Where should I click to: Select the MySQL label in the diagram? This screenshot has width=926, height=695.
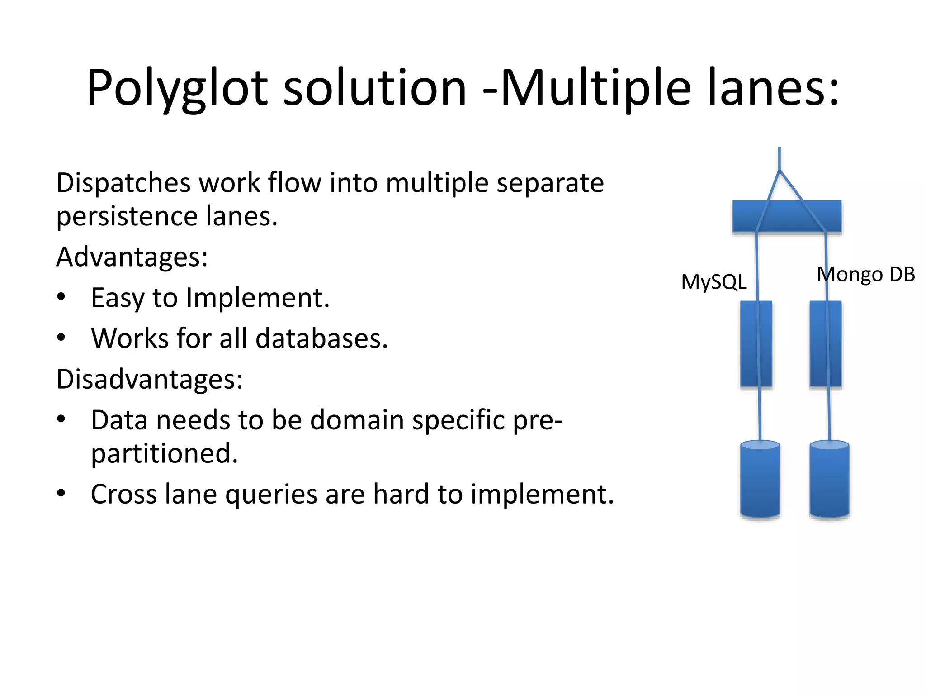point(713,282)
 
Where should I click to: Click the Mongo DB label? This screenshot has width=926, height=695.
point(865,274)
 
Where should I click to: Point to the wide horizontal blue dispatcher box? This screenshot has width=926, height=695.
point(787,216)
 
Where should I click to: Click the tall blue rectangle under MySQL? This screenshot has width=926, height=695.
point(756,344)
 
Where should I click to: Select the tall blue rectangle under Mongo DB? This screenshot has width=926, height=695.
point(826,344)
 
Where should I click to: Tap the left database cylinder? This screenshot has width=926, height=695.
point(760,480)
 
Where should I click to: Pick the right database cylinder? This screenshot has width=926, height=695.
point(829,480)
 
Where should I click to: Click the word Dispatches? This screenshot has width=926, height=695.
point(123,183)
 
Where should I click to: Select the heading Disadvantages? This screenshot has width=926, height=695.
point(149,379)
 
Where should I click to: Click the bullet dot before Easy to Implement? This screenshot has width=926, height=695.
point(61,297)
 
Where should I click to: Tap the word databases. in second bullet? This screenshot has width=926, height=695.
point(321,338)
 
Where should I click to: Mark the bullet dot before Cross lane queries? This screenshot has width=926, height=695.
point(61,493)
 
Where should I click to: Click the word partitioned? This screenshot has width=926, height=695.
point(164,453)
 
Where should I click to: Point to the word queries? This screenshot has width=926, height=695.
point(271,494)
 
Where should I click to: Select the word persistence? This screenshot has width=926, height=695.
point(127,216)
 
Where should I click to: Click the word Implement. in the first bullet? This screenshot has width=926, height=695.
point(258,298)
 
